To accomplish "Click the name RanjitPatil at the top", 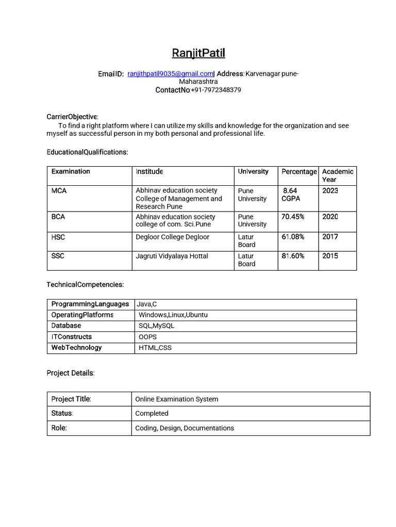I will coord(198,53).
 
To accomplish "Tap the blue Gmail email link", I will coord(171,74).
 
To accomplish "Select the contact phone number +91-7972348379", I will coord(216,90).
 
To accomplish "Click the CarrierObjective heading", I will coord(72,117).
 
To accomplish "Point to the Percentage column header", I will coord(299,172).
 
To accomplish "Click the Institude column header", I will coord(150,171).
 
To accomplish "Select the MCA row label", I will coord(59,191).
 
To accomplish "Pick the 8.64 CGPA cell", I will coord(291,195).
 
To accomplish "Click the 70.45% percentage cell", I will coord(293,217).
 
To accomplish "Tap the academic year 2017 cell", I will coord(330,237).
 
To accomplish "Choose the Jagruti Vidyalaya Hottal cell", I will coord(172,256).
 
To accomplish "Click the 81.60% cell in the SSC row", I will coord(293,256).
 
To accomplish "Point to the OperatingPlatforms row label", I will coord(82,315).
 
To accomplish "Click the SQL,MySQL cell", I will coord(156,326).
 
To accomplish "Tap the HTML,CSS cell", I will coord(155,348).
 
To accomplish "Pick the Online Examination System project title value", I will coord(176,399).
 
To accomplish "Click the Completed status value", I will coord(152,413).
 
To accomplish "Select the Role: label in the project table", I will coord(59,428).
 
